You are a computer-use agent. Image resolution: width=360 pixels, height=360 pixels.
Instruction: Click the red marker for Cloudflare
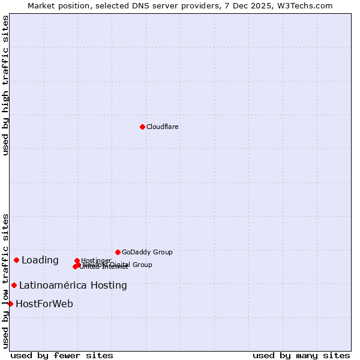[142, 127]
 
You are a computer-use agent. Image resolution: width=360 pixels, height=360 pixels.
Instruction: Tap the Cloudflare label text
[162, 127]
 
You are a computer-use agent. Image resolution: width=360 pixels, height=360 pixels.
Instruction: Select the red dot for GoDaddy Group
[118, 252]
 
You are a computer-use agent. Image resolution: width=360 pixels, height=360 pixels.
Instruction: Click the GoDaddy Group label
[147, 252]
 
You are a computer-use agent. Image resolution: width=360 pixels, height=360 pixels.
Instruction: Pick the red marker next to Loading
[16, 260]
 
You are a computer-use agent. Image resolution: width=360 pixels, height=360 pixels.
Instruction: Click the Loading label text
[40, 260]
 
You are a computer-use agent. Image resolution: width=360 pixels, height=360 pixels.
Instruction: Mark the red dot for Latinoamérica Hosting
[14, 285]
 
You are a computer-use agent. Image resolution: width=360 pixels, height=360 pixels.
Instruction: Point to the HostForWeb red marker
[10, 304]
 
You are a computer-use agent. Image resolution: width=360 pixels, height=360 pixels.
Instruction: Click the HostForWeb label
[44, 304]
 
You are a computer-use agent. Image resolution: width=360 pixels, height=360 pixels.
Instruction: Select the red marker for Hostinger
[77, 260]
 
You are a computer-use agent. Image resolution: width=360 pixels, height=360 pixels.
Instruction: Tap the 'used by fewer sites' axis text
[62, 355]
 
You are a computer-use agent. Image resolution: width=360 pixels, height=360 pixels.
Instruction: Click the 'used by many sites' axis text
[301, 355]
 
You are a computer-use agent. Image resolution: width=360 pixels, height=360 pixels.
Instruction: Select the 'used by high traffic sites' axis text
[6, 85]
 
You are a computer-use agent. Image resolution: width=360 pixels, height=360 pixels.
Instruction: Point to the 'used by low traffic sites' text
[6, 281]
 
